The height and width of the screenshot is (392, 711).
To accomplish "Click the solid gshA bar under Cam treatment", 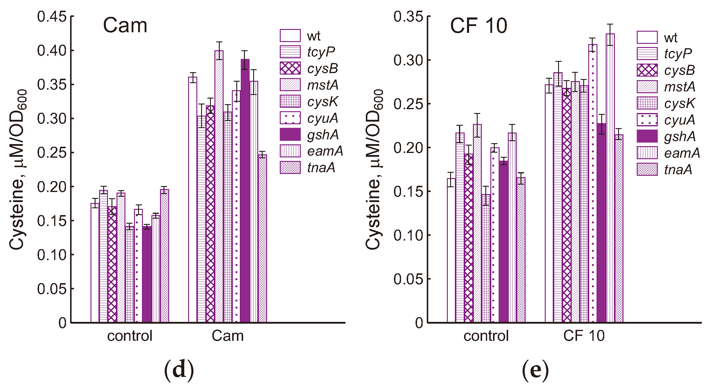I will pyautogui.click(x=245, y=191).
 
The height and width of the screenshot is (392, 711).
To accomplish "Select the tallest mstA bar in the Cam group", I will pyautogui.click(x=219, y=186).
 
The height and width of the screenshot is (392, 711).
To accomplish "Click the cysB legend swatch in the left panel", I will pyautogui.click(x=290, y=68).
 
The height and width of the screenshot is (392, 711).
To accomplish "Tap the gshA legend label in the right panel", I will pyautogui.click(x=680, y=136).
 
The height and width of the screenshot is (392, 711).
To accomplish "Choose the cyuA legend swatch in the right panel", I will pyautogui.click(x=647, y=120).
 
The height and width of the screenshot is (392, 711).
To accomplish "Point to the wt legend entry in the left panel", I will pyautogui.click(x=314, y=36).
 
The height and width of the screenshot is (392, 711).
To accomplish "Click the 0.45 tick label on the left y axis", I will pyautogui.click(x=51, y=17).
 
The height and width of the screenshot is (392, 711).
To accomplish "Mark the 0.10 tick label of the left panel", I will pyautogui.click(x=51, y=255).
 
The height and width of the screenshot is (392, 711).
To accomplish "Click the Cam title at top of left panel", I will pyautogui.click(x=125, y=25).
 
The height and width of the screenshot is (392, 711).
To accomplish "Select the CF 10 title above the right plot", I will pyautogui.click(x=479, y=25).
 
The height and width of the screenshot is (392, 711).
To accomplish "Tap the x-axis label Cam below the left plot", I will pyautogui.click(x=227, y=336).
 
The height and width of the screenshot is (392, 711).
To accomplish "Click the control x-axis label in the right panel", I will pyautogui.click(x=486, y=336).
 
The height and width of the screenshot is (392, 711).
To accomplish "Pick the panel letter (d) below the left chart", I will pyautogui.click(x=179, y=370).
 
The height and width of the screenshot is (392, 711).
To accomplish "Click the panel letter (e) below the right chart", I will pyautogui.click(x=535, y=370).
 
